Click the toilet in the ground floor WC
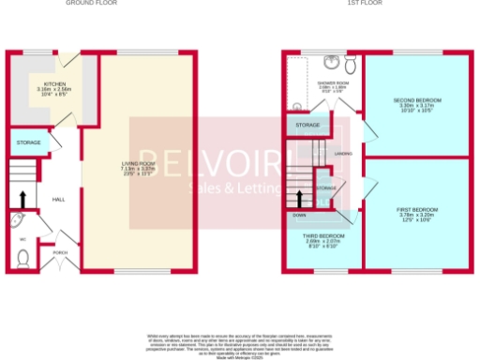pos(24,256)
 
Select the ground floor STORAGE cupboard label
pos(26,142)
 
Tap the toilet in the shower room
pos(351,66)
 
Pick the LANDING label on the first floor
pos(343,152)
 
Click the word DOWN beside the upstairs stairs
pos(300,215)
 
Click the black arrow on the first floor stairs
pos(300,198)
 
